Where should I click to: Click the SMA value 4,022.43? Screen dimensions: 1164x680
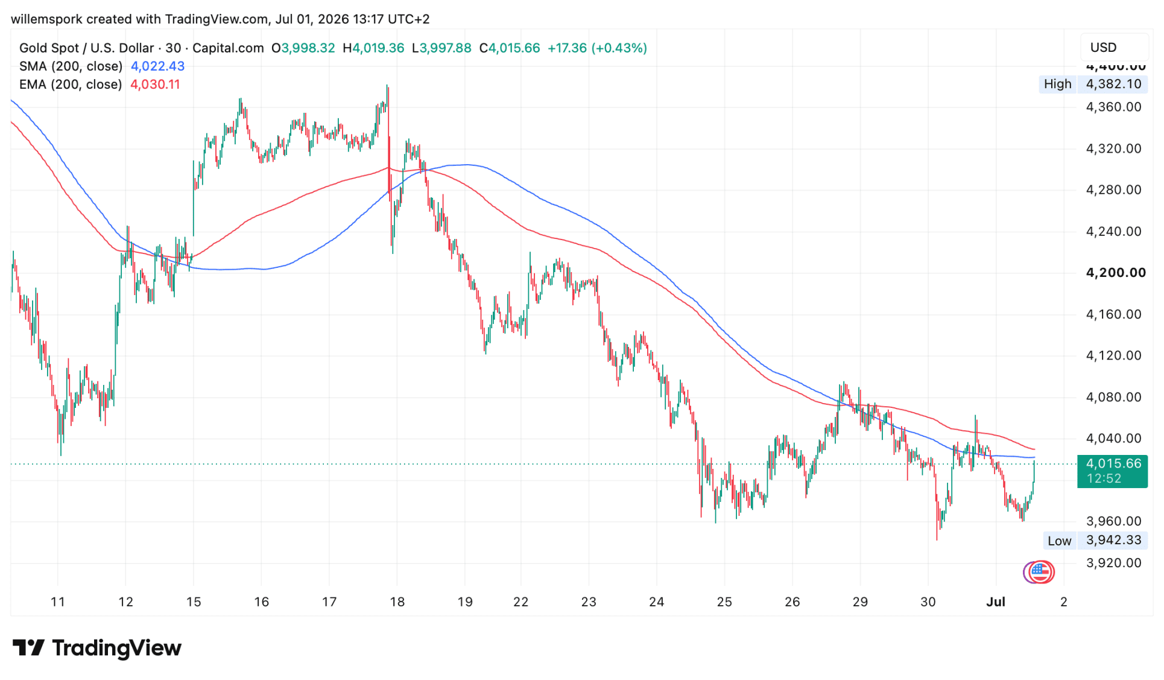(157, 66)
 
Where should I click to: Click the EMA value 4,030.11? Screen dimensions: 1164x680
(155, 84)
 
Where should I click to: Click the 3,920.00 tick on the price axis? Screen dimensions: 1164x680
(1113, 563)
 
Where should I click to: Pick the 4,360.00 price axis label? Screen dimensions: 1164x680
(1113, 107)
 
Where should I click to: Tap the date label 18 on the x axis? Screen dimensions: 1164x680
(397, 602)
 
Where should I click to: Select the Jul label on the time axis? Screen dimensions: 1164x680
(996, 602)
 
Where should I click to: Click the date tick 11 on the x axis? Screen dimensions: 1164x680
(57, 602)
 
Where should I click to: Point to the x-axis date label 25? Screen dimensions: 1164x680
(724, 602)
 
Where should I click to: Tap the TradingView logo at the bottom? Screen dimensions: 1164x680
(96, 648)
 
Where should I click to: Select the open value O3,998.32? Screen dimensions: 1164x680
(303, 48)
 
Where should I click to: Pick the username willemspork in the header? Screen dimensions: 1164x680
(47, 19)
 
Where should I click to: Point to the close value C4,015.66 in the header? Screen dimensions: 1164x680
(510, 48)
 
